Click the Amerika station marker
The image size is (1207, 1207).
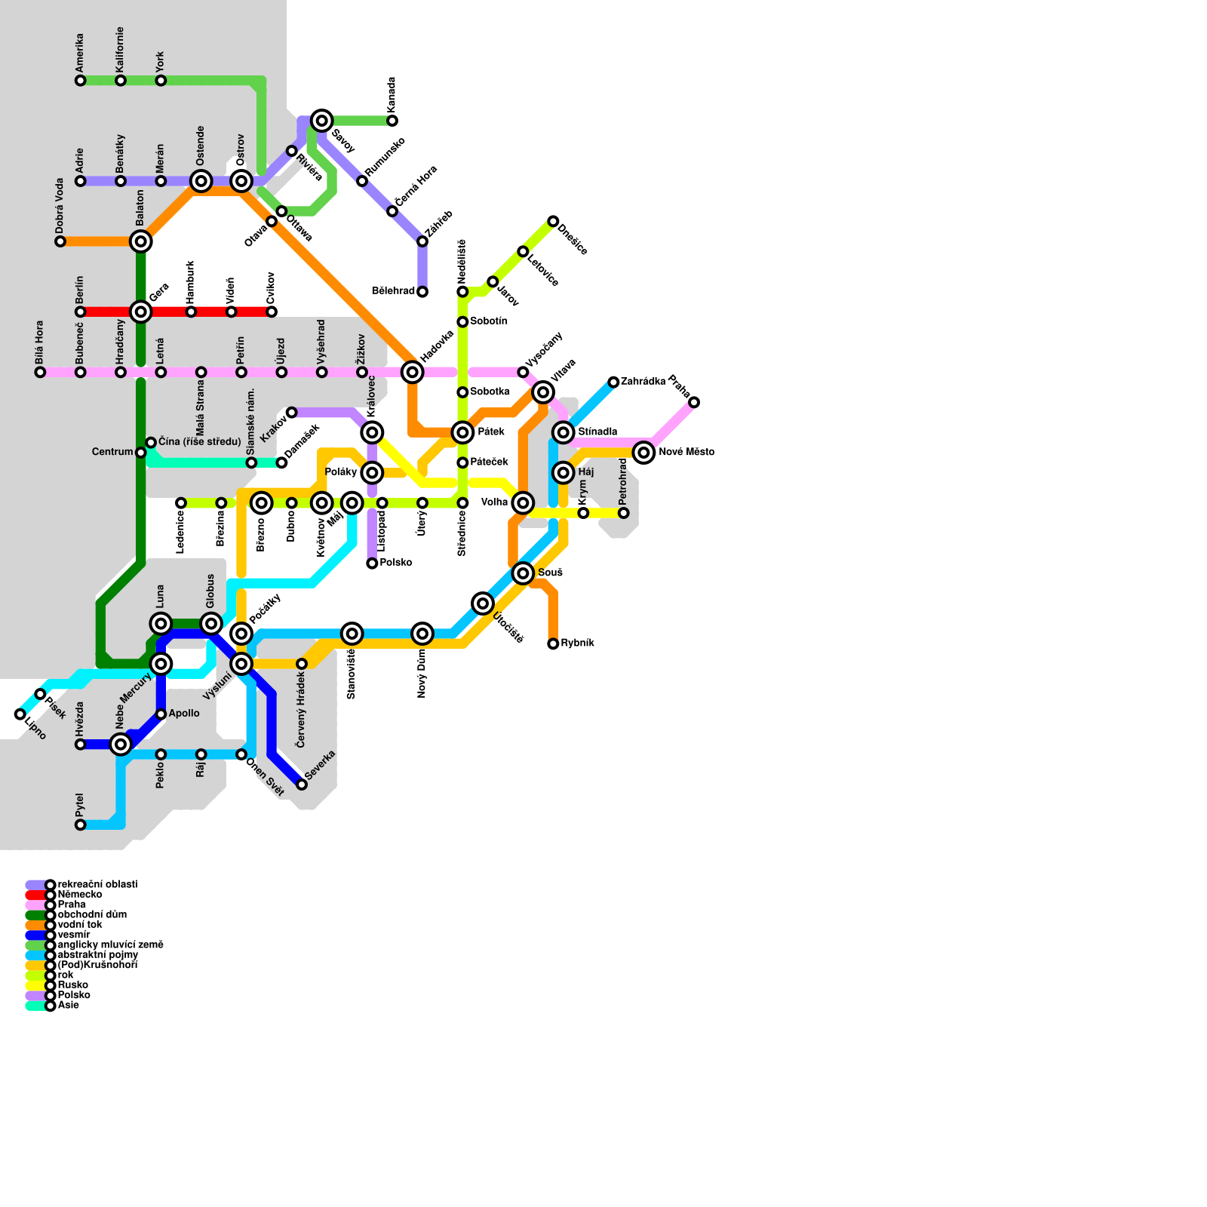click(x=81, y=81)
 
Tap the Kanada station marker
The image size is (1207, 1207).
click(x=392, y=121)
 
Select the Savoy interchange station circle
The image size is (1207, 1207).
click(x=322, y=121)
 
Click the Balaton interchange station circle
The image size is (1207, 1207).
click(x=141, y=241)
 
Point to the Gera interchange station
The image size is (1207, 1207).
click(x=141, y=312)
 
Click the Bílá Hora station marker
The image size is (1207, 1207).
click(x=40, y=372)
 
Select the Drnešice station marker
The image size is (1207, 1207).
click(x=553, y=221)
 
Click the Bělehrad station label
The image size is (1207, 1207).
click(x=393, y=291)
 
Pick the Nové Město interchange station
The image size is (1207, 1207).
click(x=643, y=453)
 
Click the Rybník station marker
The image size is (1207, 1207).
click(x=553, y=643)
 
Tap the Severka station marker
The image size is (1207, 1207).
click(x=302, y=785)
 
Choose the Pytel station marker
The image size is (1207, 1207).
click(x=81, y=825)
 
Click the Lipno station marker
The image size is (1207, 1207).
click(x=20, y=714)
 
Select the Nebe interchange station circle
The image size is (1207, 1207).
click(x=121, y=745)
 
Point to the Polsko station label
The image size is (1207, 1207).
click(x=395, y=563)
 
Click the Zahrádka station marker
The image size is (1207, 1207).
click(x=613, y=382)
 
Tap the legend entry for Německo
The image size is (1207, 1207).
click(x=79, y=895)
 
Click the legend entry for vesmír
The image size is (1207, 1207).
click(x=73, y=935)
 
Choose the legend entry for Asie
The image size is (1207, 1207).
click(x=68, y=1006)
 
